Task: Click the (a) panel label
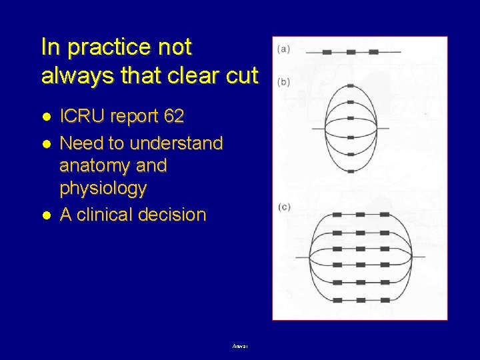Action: coord(283,49)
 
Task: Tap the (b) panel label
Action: coord(283,82)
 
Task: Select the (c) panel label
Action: coord(283,207)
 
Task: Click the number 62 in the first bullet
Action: coord(173,117)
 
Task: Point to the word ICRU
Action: coord(81,117)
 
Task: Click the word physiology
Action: coord(103,189)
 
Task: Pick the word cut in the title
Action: coord(241,76)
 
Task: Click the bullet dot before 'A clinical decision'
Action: coord(46,215)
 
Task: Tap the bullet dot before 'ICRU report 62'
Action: coord(46,117)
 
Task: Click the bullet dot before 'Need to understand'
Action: coord(46,143)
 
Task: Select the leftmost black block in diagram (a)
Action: coord(328,51)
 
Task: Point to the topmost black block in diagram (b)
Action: coord(351,85)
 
